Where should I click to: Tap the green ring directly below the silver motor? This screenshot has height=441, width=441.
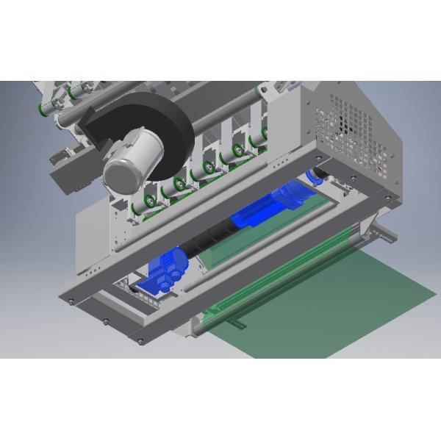150,201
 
